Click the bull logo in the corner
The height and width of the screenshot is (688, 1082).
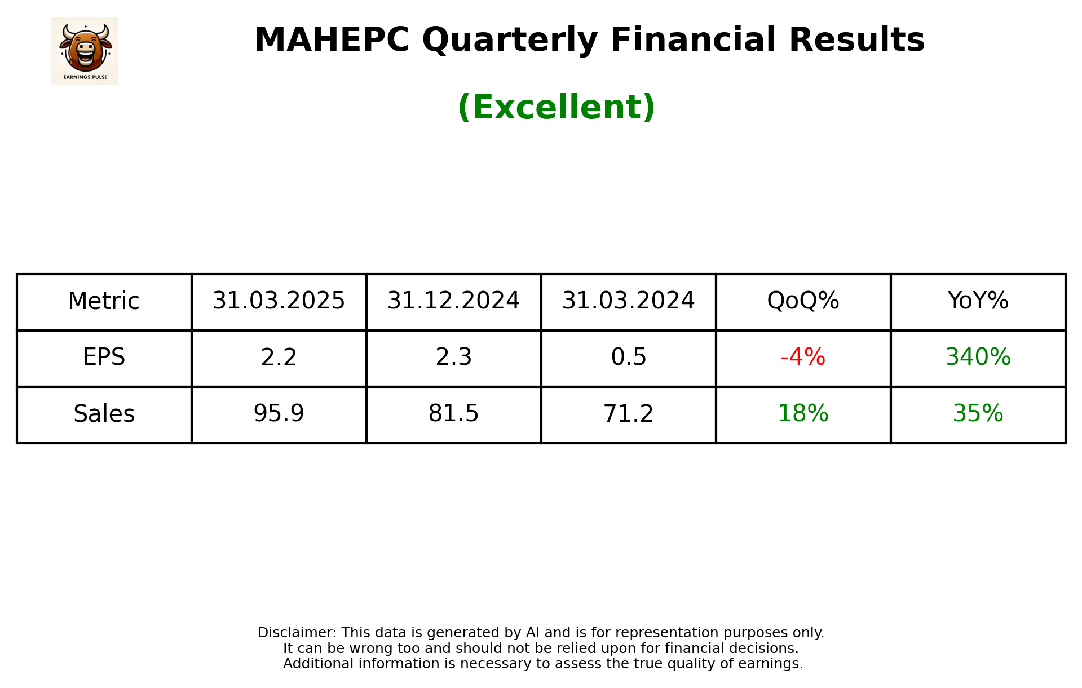click(x=85, y=50)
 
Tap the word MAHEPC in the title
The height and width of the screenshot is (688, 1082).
click(x=332, y=40)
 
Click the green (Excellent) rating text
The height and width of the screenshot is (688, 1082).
click(x=556, y=107)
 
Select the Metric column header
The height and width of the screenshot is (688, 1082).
click(x=104, y=301)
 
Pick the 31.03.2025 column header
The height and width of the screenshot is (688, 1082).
click(x=279, y=301)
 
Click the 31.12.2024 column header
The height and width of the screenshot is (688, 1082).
click(x=453, y=301)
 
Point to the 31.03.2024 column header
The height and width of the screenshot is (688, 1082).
click(x=628, y=301)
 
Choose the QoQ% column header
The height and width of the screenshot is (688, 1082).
click(x=803, y=301)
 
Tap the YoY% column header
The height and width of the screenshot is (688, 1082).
click(x=978, y=301)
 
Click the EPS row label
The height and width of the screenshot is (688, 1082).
click(x=104, y=358)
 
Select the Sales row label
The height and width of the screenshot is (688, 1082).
click(x=104, y=414)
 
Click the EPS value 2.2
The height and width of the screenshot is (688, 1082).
click(x=279, y=358)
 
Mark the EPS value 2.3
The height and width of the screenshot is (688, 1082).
click(x=453, y=358)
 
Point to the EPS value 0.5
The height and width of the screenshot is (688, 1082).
click(x=628, y=358)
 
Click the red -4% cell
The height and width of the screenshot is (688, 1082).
click(x=803, y=358)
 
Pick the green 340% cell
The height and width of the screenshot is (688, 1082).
click(x=978, y=358)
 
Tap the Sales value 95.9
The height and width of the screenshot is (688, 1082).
click(x=279, y=414)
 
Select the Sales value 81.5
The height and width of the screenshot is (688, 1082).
click(x=453, y=414)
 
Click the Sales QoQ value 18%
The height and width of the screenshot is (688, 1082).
click(x=803, y=414)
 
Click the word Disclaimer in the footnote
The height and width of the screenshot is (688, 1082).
click(x=297, y=633)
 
